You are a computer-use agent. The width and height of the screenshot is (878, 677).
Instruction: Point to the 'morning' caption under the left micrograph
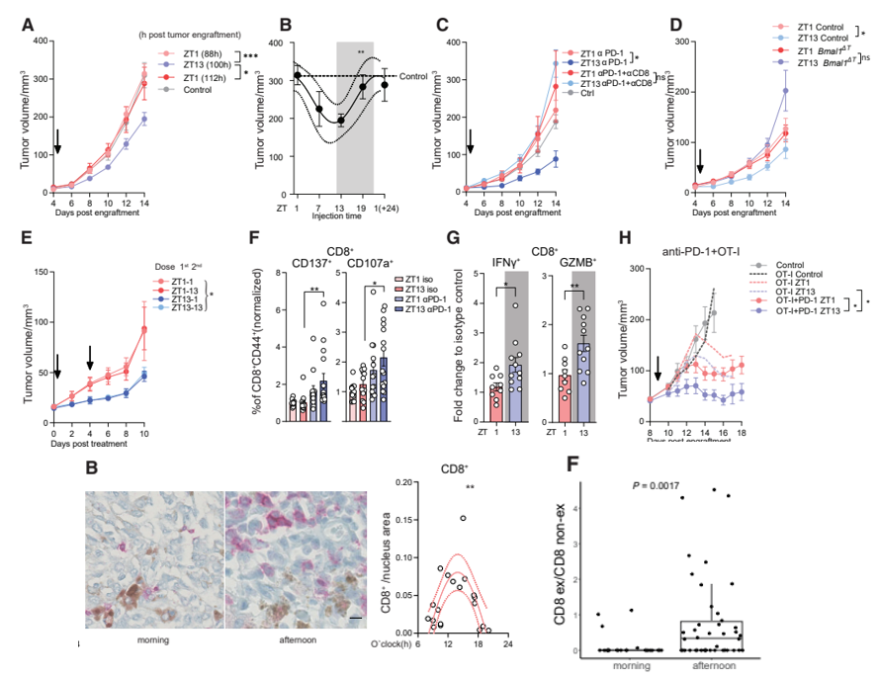click(x=153, y=638)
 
